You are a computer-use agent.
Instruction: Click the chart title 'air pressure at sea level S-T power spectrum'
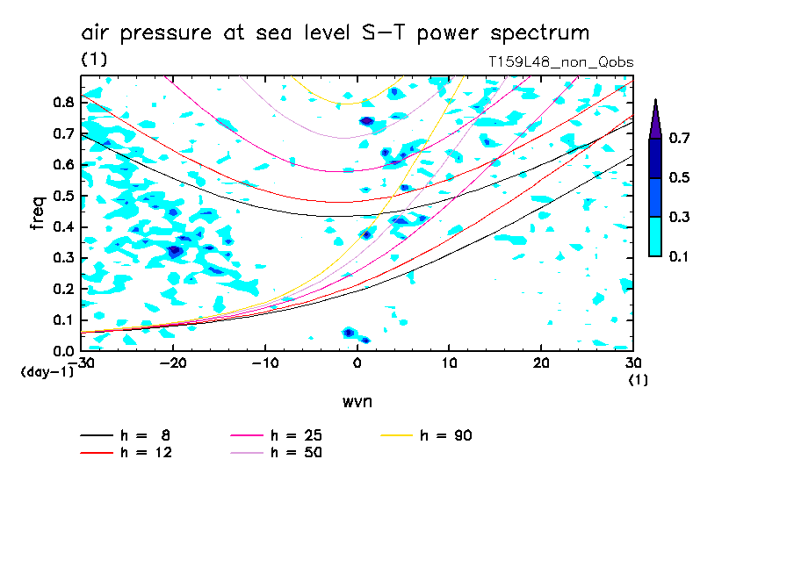335,33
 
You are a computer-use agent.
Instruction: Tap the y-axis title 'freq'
37,212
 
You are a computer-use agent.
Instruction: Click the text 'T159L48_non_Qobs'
560,62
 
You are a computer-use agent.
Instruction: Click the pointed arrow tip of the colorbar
654,102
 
